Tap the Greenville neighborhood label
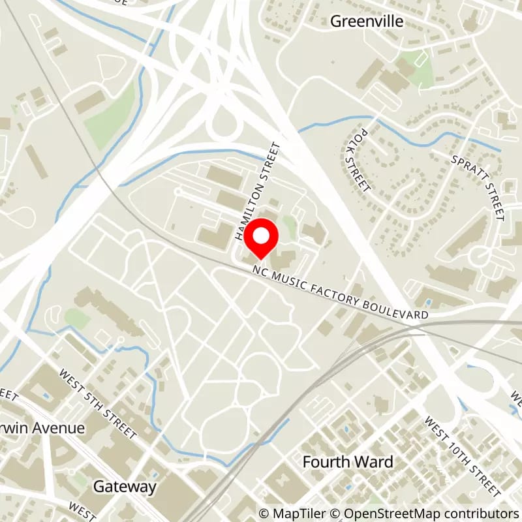[367, 22]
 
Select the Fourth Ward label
[348, 462]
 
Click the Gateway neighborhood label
[125, 486]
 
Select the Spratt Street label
[487, 188]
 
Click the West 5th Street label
[98, 404]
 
